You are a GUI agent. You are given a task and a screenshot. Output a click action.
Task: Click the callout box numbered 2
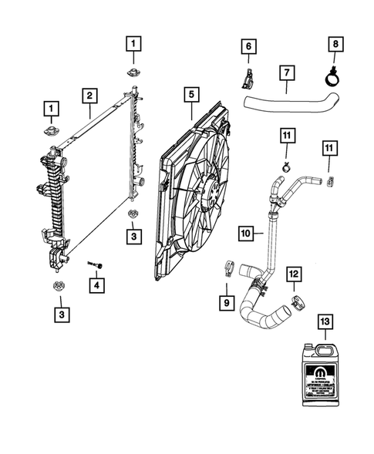90,96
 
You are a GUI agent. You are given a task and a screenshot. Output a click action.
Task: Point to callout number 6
248,47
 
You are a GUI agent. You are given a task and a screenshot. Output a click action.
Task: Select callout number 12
294,274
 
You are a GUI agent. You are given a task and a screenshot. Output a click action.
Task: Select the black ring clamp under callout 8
332,76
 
